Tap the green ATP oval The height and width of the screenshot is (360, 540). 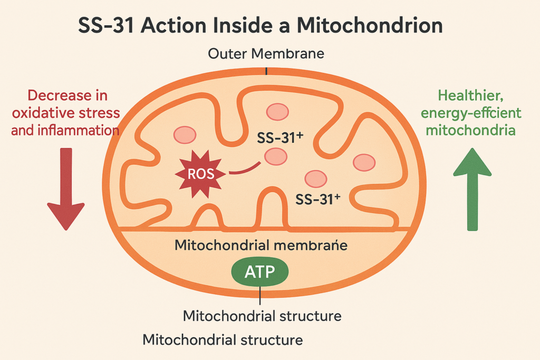[x=261, y=272]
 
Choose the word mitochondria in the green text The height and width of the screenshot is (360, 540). [x=472, y=129]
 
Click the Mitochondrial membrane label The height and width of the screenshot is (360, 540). [x=261, y=245]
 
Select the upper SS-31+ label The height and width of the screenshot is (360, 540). [x=279, y=138]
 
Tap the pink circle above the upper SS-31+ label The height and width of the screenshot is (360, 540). [x=277, y=112]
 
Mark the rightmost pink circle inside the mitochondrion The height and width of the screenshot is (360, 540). [x=363, y=162]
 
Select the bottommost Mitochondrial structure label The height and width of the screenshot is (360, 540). [x=223, y=339]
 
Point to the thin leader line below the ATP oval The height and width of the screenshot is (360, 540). [x=261, y=295]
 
